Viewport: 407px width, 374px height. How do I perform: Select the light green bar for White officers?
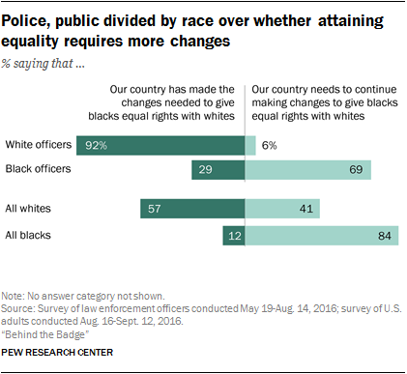pos(250,145)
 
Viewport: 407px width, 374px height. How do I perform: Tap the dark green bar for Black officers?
pos(218,170)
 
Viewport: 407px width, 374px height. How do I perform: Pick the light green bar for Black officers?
pos(308,170)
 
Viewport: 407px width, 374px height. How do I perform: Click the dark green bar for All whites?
pos(192,209)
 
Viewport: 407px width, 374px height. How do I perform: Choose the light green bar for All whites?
pos(282,209)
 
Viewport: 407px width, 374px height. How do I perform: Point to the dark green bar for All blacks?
pos(233,235)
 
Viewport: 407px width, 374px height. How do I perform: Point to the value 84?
pos(382,235)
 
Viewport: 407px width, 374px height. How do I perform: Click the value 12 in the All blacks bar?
pos(233,235)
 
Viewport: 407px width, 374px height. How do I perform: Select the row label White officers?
pos(39,145)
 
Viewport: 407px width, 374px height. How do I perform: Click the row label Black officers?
pos(39,170)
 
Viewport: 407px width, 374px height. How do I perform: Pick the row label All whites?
pos(29,209)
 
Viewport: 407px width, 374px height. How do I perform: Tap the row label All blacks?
pos(29,235)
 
